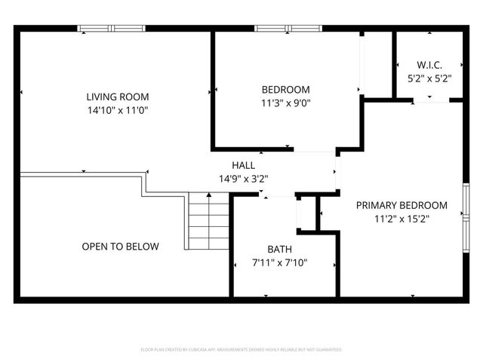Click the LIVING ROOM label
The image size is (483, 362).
tap(117, 97)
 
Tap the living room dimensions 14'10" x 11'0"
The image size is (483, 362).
tap(117, 110)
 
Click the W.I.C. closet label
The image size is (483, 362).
tap(429, 64)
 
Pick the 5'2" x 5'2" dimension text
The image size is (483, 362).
tap(429, 78)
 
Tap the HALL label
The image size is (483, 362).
tap(243, 165)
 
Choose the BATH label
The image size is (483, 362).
tap(279, 250)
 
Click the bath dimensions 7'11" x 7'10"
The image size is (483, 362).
tap(279, 263)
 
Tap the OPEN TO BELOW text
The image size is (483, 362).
tap(121, 246)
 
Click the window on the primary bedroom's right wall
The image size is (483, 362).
tap(466, 216)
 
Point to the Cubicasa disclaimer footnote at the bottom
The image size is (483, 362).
tap(241, 350)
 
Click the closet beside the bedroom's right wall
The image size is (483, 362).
tap(376, 64)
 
